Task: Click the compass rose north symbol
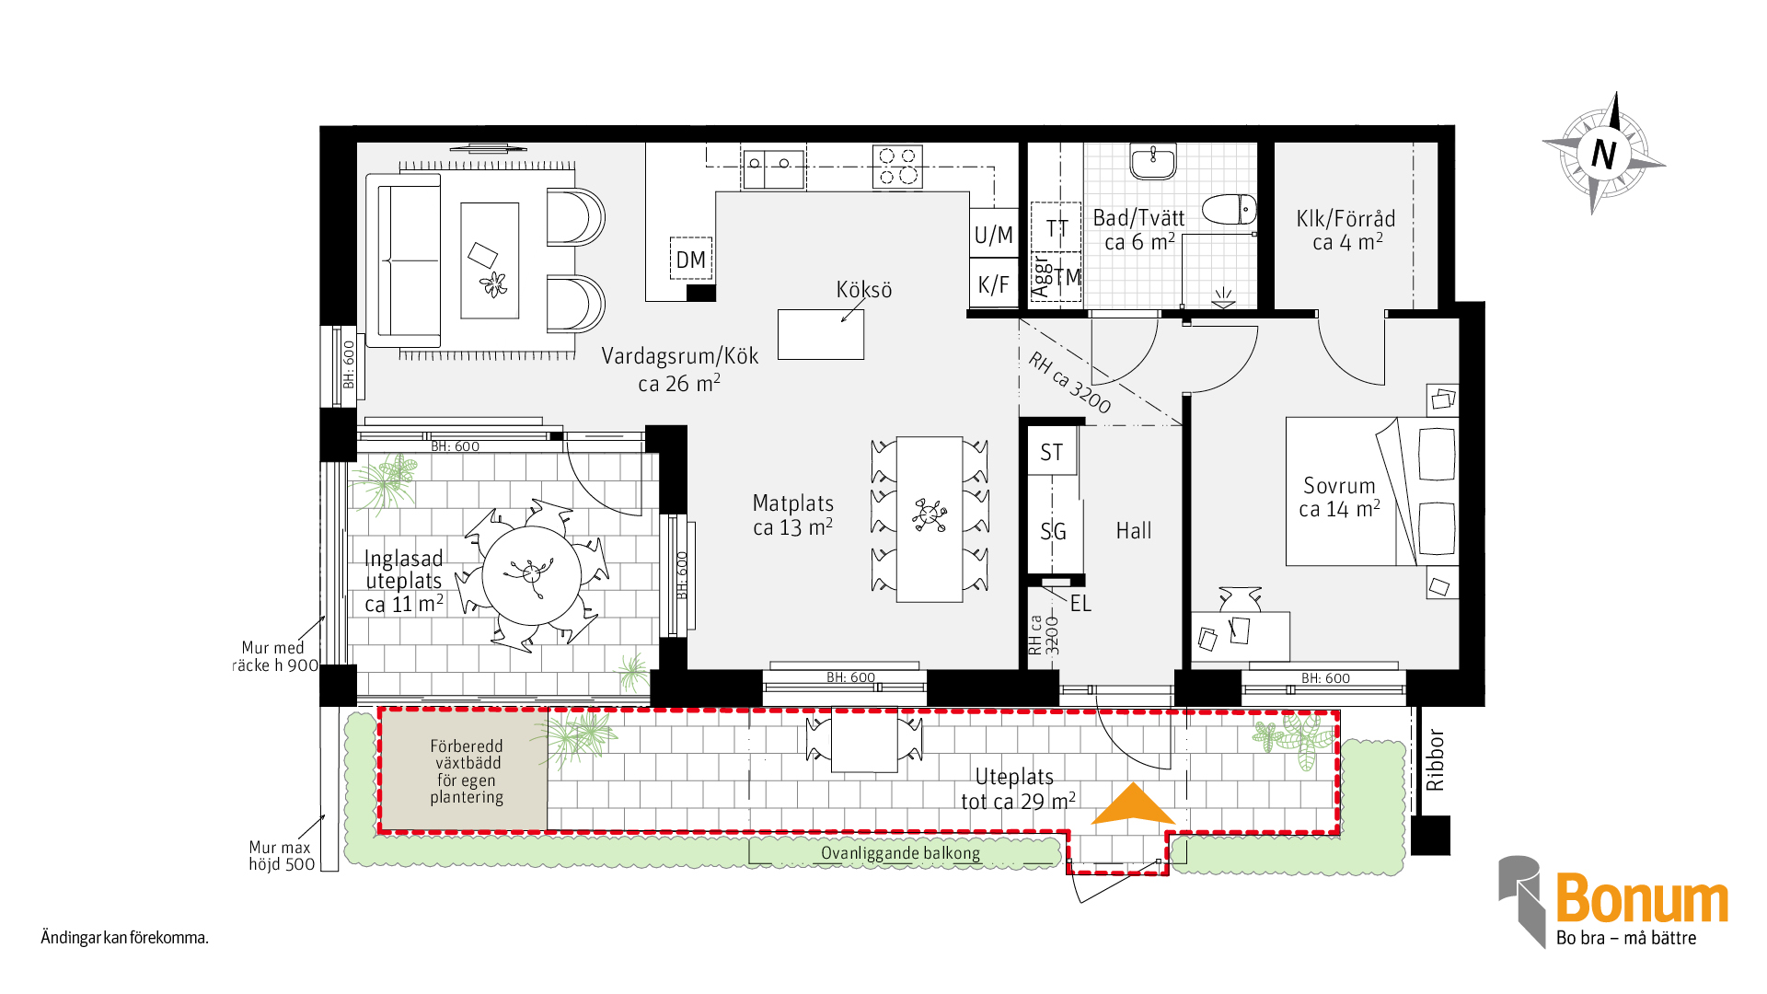coord(1604,153)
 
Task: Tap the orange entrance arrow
coord(1133,804)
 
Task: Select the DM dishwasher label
coord(690,260)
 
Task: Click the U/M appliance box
coord(994,235)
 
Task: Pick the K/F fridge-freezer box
coord(994,284)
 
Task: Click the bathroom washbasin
coord(1153,161)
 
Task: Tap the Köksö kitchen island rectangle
coord(821,334)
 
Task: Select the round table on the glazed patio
coord(532,575)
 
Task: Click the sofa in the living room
coord(404,260)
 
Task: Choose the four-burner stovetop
coord(897,167)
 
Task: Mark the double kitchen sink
coord(773,168)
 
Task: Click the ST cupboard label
coord(1052,452)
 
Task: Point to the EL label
coord(1080,604)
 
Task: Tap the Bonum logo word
coord(1642,898)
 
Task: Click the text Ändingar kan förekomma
coord(125,938)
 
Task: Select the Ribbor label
coord(1435,760)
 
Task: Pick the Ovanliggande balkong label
coord(900,853)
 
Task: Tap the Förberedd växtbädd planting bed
coord(465,771)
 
